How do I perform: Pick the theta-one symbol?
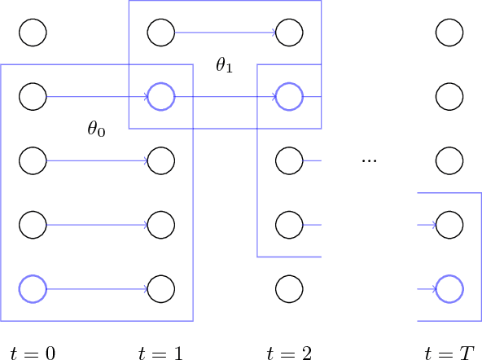click(224, 65)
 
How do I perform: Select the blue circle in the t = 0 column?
click(33, 288)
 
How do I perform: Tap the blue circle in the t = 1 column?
click(160, 96)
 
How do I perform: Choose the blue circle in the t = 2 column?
click(288, 96)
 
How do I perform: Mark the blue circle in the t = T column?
click(449, 288)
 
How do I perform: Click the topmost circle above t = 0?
click(33, 33)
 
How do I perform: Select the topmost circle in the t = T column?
click(449, 33)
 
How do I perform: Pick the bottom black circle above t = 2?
click(288, 288)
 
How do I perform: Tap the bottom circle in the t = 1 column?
click(160, 288)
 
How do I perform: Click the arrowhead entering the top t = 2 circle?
click(273, 33)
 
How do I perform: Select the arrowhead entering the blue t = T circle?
click(433, 288)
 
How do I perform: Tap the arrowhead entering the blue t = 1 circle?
click(145, 96)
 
